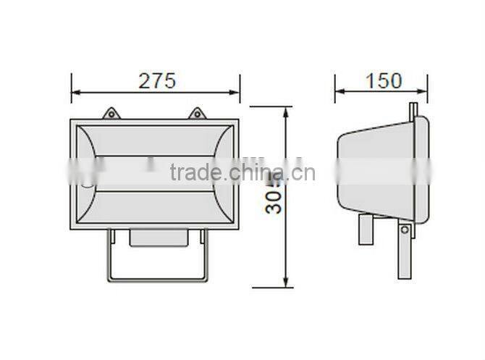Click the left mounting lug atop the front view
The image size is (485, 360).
[x=111, y=114]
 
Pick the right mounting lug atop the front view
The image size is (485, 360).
[x=195, y=114]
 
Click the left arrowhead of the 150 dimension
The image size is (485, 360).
[x=338, y=92]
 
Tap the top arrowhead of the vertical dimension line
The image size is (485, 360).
[x=287, y=111]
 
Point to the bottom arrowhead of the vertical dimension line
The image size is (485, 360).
[x=287, y=283]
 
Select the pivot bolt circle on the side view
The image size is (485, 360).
[x=405, y=230]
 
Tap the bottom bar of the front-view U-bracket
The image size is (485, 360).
[x=158, y=280]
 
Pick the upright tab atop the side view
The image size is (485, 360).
[x=411, y=110]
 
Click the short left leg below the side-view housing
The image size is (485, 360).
[x=365, y=230]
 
